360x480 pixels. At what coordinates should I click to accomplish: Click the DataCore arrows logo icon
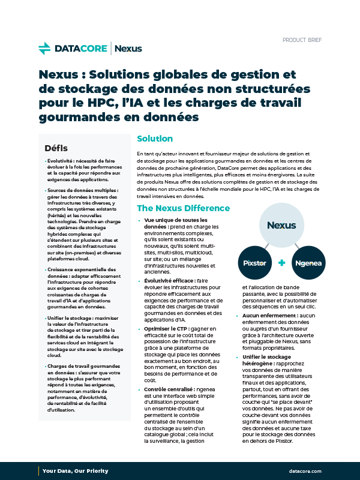tap(44, 48)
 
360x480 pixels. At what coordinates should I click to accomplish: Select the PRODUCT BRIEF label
tap(302, 40)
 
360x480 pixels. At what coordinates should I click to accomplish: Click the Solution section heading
tap(155, 139)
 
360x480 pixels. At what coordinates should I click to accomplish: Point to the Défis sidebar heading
tap(56, 148)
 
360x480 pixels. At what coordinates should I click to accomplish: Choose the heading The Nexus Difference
tap(183, 208)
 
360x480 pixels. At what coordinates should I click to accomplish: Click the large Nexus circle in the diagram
tap(281, 226)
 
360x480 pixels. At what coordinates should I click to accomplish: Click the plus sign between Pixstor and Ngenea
tap(281, 263)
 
